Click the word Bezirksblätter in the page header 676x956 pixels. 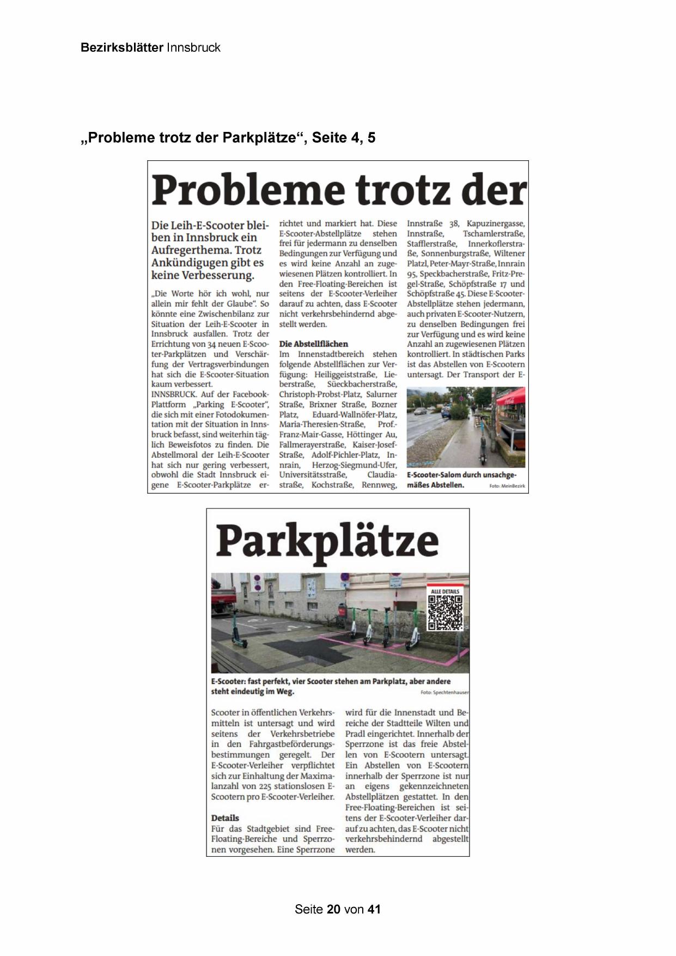tap(121, 47)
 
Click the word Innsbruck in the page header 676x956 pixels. tap(193, 47)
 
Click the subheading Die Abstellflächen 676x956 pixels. tap(313, 344)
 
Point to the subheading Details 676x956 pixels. tap(225, 818)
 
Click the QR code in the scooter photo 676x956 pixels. tap(445, 612)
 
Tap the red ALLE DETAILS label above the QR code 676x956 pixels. tap(445, 591)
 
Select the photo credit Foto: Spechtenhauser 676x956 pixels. tap(444, 693)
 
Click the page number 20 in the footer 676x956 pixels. tap(334, 909)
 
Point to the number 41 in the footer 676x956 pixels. tap(374, 909)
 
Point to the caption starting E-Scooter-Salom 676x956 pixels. tap(461, 480)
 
